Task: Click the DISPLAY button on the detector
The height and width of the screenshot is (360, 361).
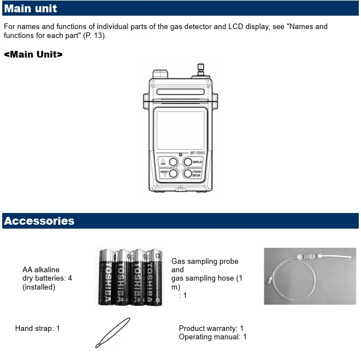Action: pyautogui.click(x=189, y=162)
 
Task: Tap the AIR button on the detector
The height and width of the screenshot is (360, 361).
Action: pyautogui.click(x=173, y=162)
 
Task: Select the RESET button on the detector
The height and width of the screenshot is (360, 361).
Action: pyautogui.click(x=173, y=174)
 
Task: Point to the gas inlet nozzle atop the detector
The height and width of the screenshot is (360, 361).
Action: pyautogui.click(x=200, y=70)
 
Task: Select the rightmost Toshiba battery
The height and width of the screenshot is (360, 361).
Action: pyautogui.click(x=153, y=277)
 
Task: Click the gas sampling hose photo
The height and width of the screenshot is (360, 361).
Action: pyautogui.click(x=310, y=276)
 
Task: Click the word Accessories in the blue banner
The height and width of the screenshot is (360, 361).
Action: pyautogui.click(x=39, y=221)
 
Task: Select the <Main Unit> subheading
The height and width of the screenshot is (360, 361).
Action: pyautogui.click(x=33, y=54)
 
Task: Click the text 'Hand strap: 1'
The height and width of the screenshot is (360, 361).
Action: pyautogui.click(x=37, y=329)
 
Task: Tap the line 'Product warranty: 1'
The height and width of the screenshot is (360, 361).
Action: pyautogui.click(x=211, y=329)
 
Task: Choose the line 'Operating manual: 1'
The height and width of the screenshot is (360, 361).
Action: pyautogui.click(x=213, y=337)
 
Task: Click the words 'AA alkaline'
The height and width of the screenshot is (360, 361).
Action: pyautogui.click(x=41, y=270)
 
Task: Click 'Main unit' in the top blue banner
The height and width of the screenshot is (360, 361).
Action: pyautogui.click(x=31, y=8)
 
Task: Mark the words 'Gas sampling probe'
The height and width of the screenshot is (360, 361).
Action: pyautogui.click(x=205, y=262)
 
